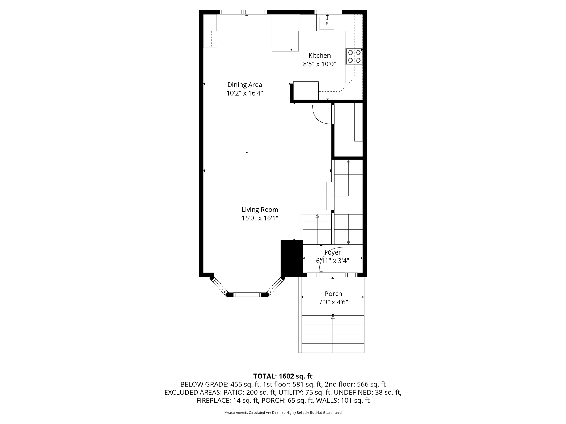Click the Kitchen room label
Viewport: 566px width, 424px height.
[319, 55]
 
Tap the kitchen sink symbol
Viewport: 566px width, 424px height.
[327, 23]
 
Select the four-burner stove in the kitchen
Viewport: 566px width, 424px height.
[354, 56]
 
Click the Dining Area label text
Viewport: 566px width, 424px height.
[245, 85]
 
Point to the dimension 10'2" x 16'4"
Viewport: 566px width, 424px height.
[245, 93]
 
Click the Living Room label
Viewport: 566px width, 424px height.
[260, 210]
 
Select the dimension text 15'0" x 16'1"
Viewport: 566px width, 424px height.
[260, 218]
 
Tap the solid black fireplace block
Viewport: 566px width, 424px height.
[292, 258]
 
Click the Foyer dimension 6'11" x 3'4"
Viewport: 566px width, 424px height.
[332, 261]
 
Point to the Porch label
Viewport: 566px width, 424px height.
[333, 294]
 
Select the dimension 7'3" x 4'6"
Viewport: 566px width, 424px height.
[333, 302]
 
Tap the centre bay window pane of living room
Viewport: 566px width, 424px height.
[247, 295]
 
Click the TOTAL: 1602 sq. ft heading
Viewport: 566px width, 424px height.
[283, 376]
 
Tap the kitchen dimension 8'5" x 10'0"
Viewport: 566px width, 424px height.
[319, 64]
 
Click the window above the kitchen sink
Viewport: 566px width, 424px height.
[328, 12]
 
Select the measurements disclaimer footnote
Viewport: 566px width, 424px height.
[283, 412]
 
